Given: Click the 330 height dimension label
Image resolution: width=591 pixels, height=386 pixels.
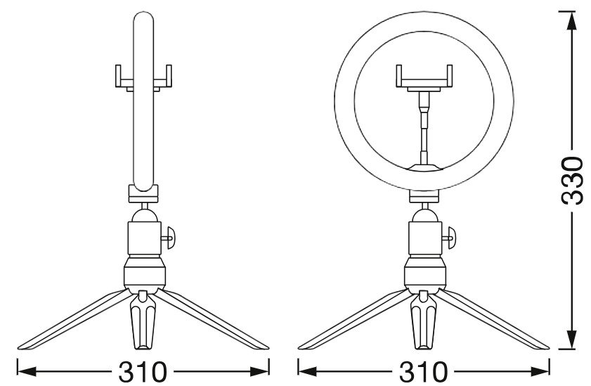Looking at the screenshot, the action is pos(572,180).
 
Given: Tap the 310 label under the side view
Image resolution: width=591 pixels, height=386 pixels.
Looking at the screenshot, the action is pos(143,372).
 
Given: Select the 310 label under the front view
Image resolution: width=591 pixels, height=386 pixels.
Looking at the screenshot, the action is pos(423,372).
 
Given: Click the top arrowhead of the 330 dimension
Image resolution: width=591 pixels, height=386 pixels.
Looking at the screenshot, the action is pos(572,22).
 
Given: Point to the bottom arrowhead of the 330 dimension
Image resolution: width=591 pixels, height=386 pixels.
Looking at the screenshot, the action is pos(572,340).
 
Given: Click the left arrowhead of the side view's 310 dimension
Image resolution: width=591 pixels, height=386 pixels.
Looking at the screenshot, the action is pos(27,372).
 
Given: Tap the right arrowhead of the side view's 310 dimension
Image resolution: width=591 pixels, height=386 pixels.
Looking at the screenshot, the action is pos(260,372).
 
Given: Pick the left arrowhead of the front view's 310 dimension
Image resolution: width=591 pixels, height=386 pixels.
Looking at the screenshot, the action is pos(307,372).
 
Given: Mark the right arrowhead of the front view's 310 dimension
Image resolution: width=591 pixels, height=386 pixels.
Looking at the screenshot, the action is pos(540,372).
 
